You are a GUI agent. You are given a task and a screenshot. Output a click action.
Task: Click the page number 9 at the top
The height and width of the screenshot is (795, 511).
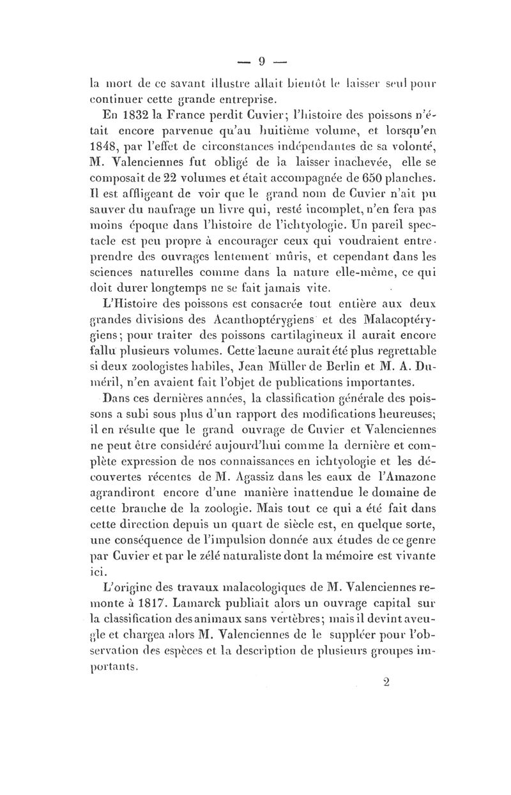click(261, 62)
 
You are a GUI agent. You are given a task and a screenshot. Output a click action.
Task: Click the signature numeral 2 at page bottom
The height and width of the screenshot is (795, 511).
click(385, 681)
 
